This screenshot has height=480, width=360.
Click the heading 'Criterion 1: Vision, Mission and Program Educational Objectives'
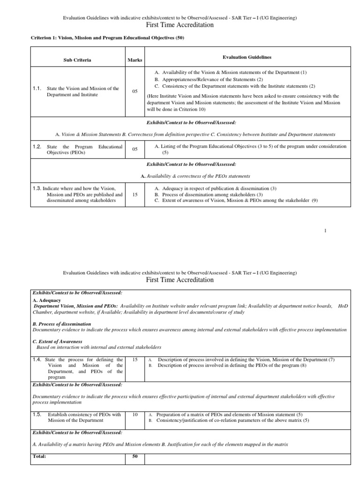[x=107, y=38]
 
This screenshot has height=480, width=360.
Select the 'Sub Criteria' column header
[x=77, y=60]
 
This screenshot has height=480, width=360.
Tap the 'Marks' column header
[x=135, y=60]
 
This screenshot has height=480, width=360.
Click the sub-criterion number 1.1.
[x=37, y=88]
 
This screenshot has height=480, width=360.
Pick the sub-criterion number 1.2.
[x=37, y=147]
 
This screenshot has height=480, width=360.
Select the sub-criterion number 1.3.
[x=37, y=188]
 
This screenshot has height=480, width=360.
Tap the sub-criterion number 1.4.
[x=37, y=360]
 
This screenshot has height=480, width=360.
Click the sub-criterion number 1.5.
[x=37, y=414]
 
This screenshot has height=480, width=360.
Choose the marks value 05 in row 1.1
[x=135, y=91]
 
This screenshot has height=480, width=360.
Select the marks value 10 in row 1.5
[x=135, y=415]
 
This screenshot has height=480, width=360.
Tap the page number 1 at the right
[x=325, y=231]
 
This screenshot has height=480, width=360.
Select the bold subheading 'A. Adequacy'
[x=47, y=300]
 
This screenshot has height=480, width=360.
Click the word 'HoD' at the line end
[x=343, y=306]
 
